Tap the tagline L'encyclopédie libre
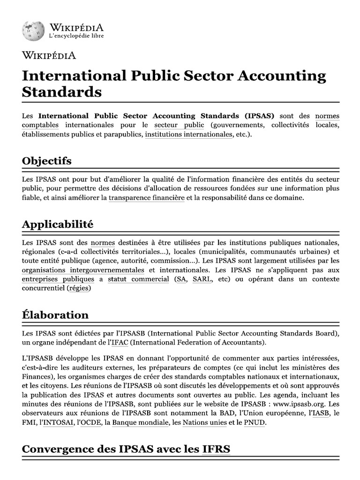pyautogui.click(x=76, y=36)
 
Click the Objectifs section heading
pyautogui.click(x=47, y=161)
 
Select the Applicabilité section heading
pyautogui.click(x=58, y=224)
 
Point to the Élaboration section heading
pyautogui.click(x=55, y=315)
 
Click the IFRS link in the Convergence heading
pyautogui.click(x=216, y=450)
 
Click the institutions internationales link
pyautogui.click(x=188, y=135)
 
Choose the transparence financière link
pyautogui.click(x=147, y=198)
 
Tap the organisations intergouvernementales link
pyautogui.click(x=83, y=270)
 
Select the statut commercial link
pyautogui.click(x=138, y=279)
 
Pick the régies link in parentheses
pyautogui.click(x=78, y=288)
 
